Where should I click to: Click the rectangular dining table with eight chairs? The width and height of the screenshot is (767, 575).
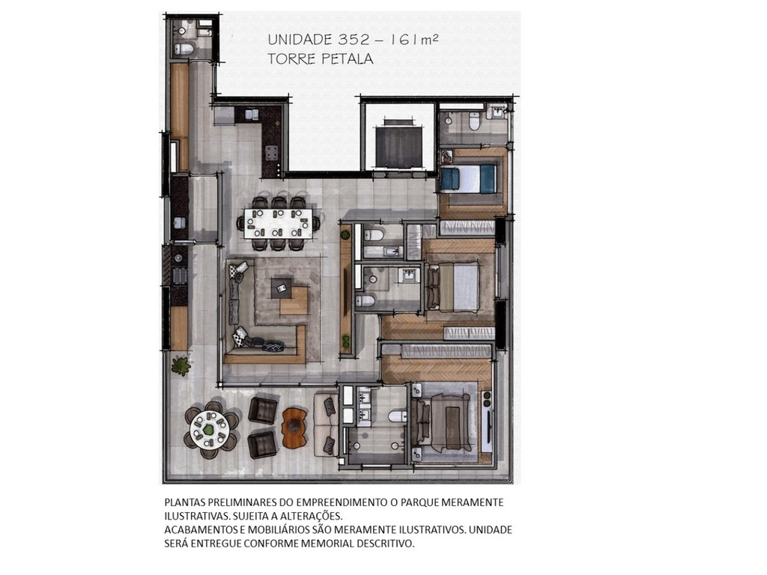(x=278, y=222)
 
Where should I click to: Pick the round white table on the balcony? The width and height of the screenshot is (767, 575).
(x=210, y=430)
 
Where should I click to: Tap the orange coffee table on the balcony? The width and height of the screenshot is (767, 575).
(x=294, y=428)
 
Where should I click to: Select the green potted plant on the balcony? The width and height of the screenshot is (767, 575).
(x=181, y=365)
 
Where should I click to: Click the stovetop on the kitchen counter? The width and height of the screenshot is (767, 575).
(x=270, y=154)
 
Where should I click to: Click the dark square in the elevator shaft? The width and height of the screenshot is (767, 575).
(x=398, y=147)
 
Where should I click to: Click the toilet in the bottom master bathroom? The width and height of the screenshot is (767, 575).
(x=395, y=416)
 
